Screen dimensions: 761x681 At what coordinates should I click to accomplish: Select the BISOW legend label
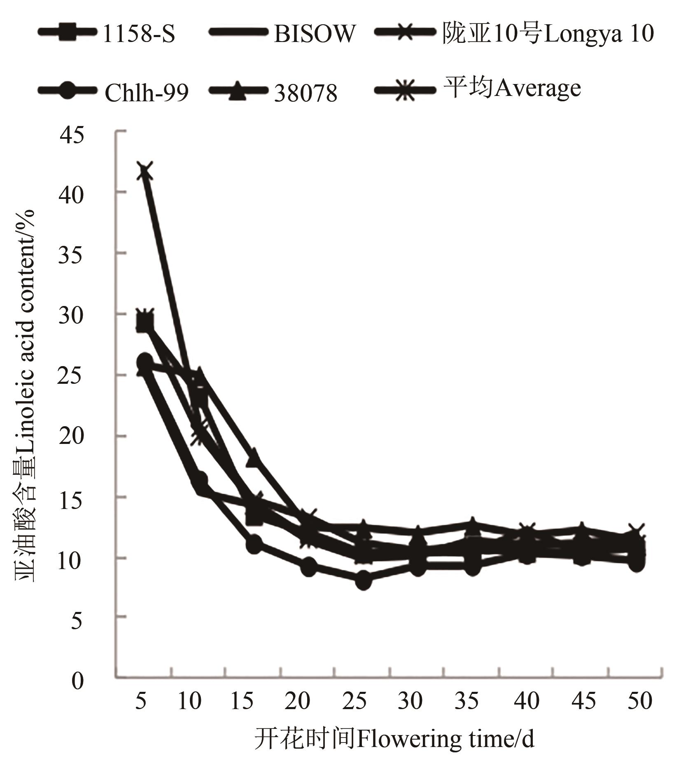pyautogui.click(x=314, y=33)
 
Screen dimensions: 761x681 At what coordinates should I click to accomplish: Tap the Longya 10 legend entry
pyautogui.click(x=548, y=33)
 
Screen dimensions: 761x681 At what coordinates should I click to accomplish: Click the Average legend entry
pyautogui.click(x=512, y=88)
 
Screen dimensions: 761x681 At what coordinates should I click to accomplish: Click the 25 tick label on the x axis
pyautogui.click(x=355, y=700)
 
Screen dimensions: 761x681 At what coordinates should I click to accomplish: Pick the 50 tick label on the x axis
pyautogui.click(x=640, y=700)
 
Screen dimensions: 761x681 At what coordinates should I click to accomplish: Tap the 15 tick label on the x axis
pyautogui.click(x=242, y=700)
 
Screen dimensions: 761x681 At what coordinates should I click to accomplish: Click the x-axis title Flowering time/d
pyautogui.click(x=394, y=739)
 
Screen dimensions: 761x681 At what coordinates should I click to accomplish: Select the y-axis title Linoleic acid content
pyautogui.click(x=26, y=395)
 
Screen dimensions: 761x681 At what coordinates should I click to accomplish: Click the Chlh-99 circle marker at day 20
pyautogui.click(x=309, y=567)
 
